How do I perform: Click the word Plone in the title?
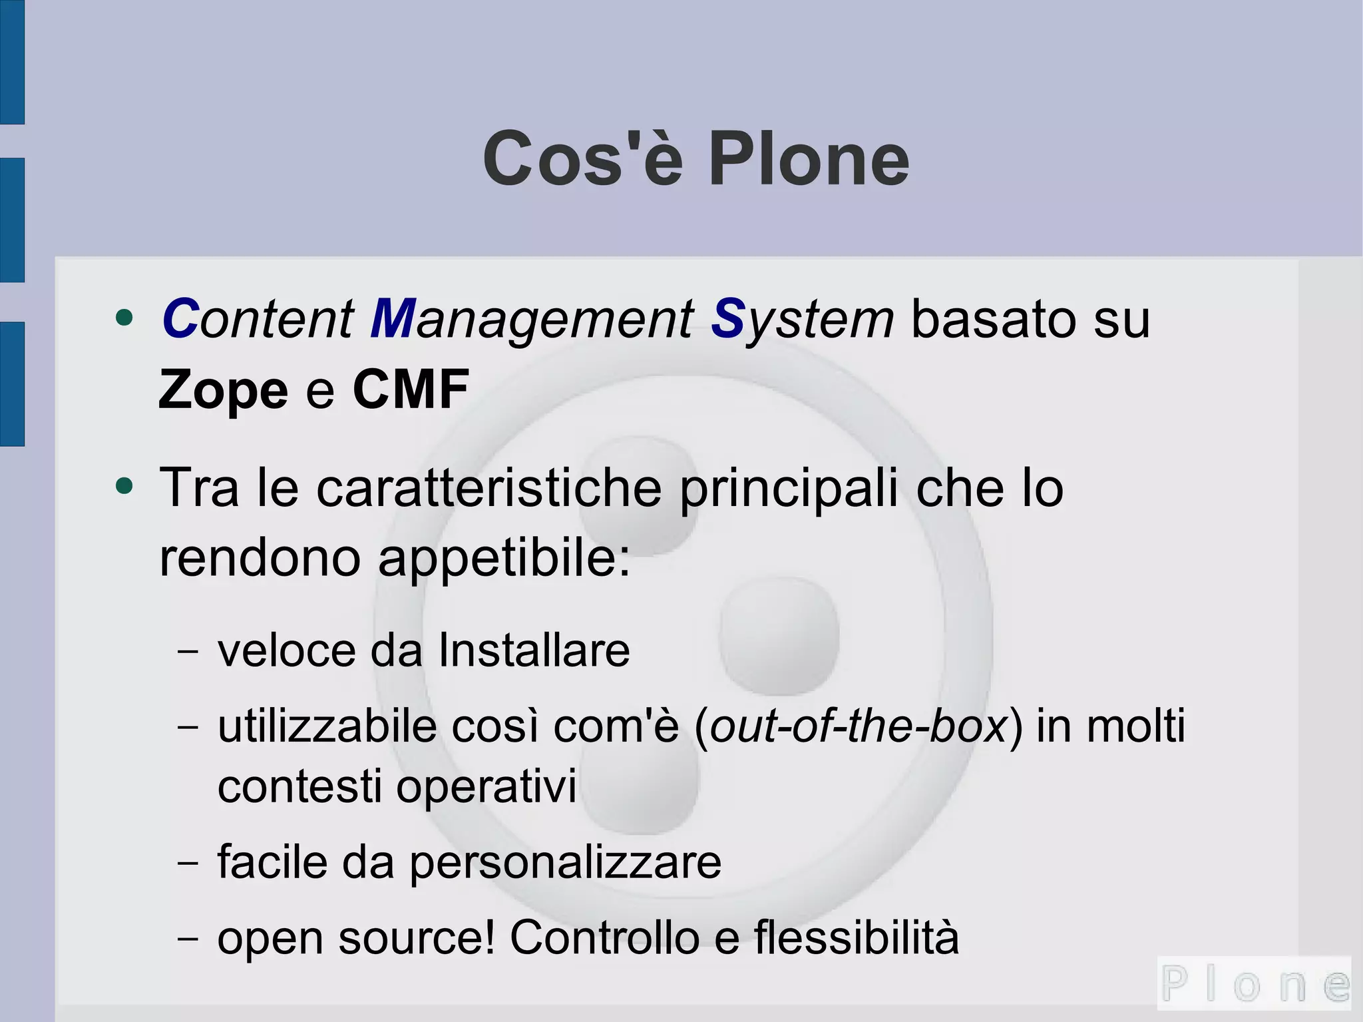808,160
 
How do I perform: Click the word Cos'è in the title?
583,160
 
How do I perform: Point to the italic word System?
802,319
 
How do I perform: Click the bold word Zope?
223,390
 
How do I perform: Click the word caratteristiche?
488,488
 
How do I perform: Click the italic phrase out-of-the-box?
859,726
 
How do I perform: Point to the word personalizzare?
565,862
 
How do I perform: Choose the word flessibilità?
857,937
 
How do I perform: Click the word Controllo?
604,937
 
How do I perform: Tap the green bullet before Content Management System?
124,318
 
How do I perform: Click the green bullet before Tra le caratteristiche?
124,486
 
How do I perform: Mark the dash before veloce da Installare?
188,652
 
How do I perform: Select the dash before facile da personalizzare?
188,864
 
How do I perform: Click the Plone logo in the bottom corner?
1255,983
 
